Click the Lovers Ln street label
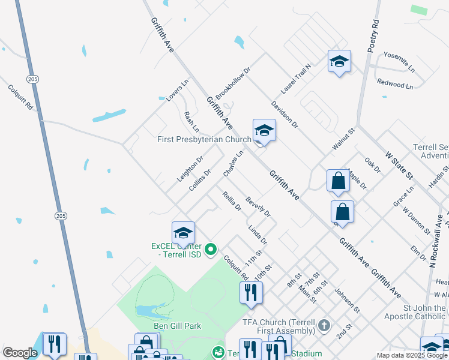coord(173,90)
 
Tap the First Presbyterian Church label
coord(204,140)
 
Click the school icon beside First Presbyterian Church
coord(264,129)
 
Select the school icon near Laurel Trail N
coord(339,61)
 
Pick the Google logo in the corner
coord(20,353)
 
